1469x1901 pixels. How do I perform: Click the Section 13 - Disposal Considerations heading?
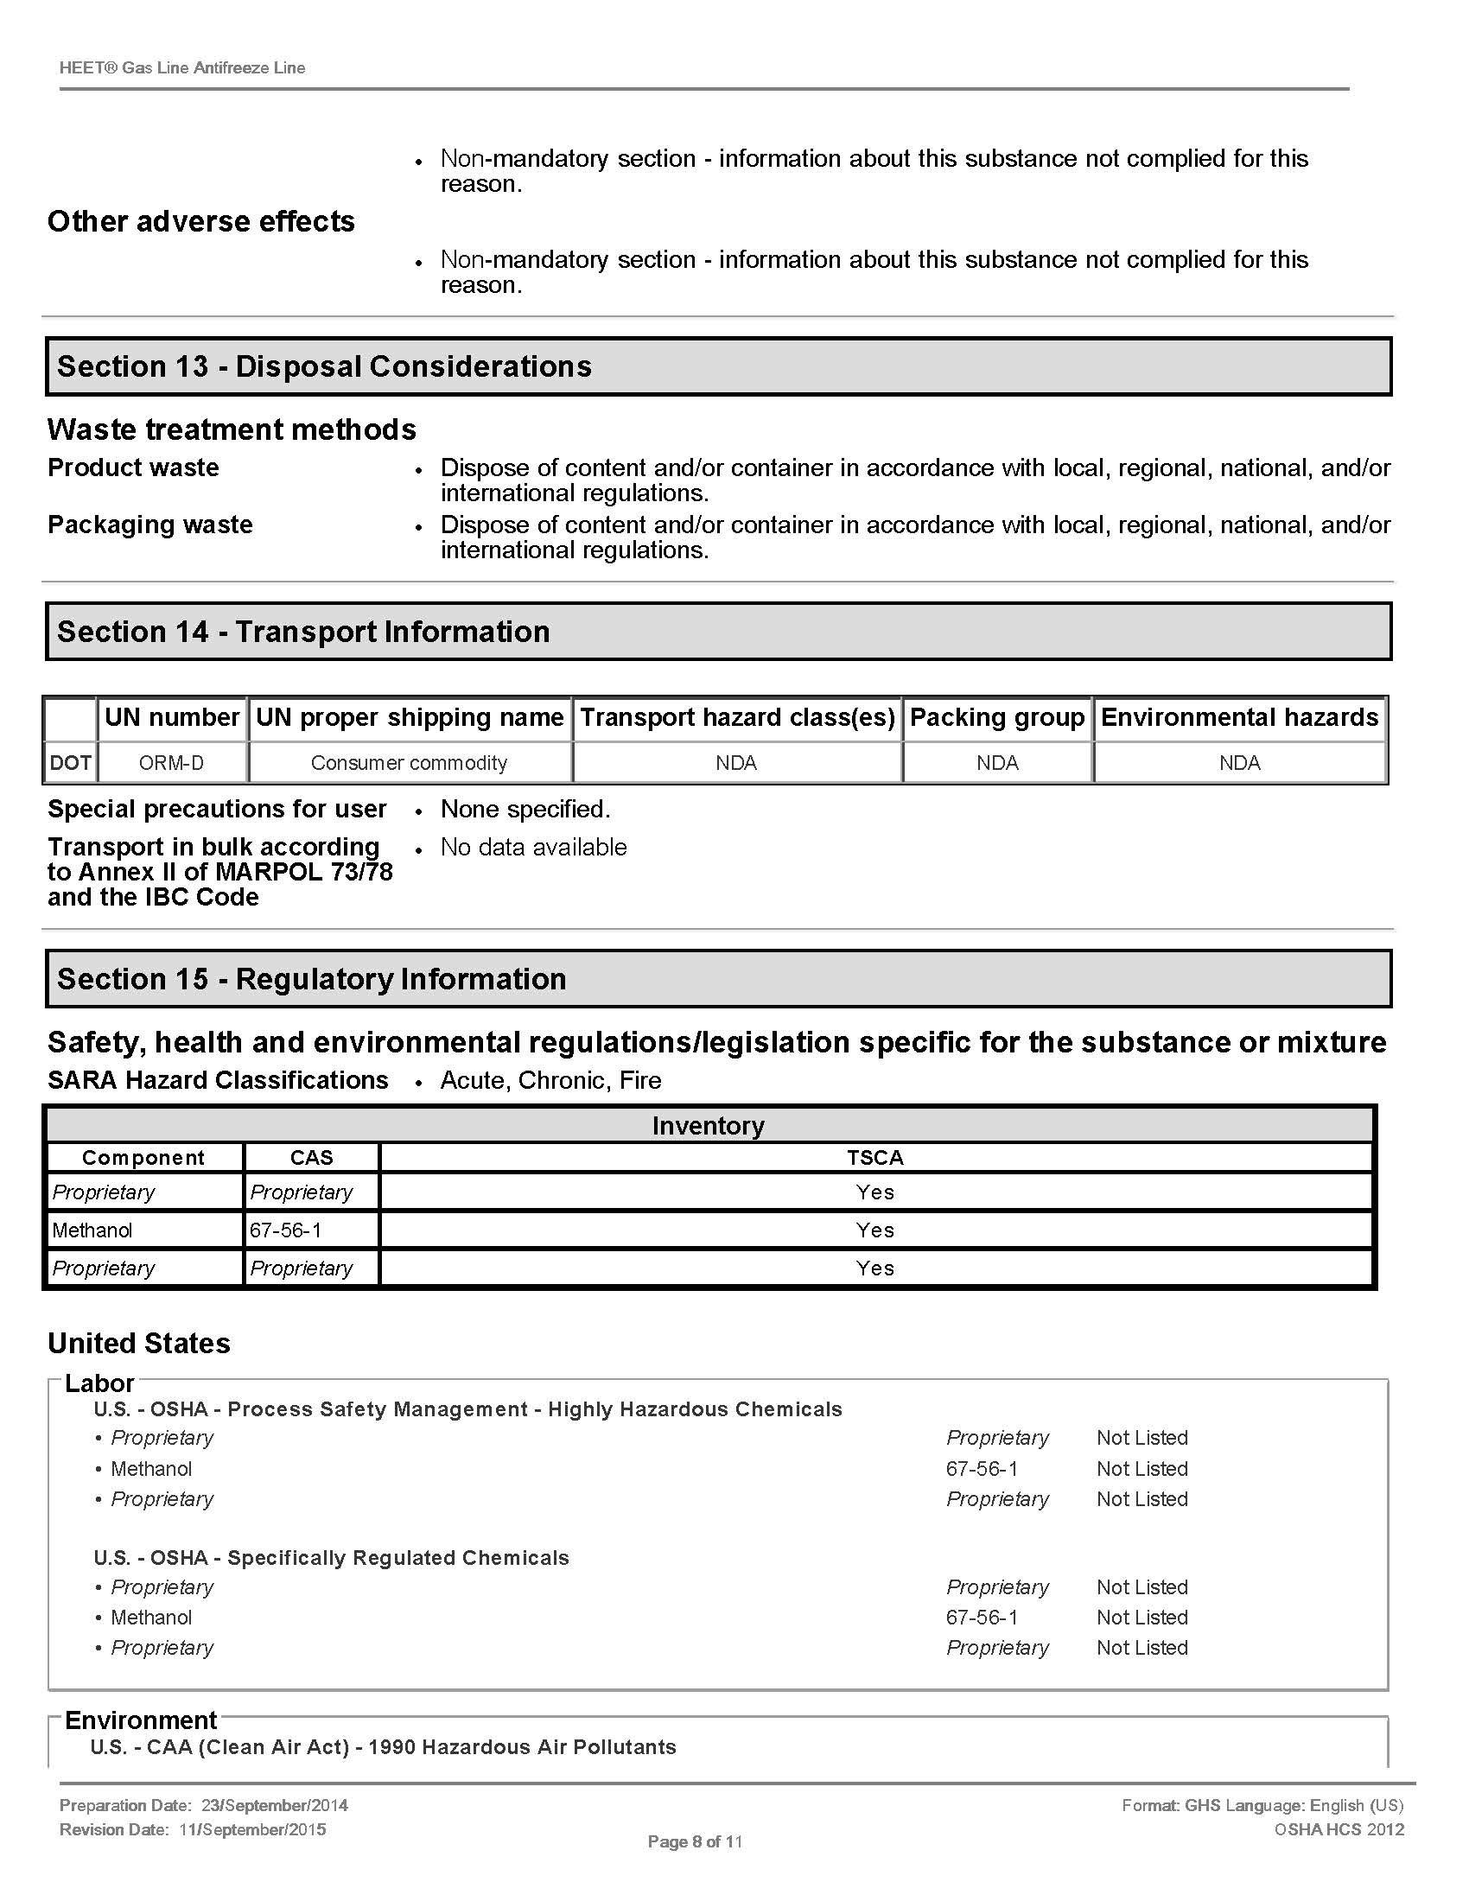tap(324, 366)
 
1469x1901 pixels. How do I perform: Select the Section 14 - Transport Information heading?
tap(302, 632)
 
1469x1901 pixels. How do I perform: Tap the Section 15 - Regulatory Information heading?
tap(312, 979)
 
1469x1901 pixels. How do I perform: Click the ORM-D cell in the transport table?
tap(171, 763)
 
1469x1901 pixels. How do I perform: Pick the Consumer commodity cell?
tap(409, 763)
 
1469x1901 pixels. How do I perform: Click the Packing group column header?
tap(996, 717)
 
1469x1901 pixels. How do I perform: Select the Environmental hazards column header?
tap(1239, 717)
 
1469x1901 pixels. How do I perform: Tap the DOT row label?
tap(71, 763)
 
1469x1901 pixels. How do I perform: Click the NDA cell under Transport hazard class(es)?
tap(736, 763)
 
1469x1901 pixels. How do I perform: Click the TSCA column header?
tap(874, 1158)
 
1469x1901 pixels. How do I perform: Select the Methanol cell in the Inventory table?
tap(92, 1230)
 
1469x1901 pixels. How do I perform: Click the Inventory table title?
tap(709, 1125)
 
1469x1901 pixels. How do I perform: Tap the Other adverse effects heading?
tap(201, 221)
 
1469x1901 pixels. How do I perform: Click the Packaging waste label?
tap(149, 525)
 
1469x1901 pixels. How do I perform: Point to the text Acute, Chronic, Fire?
tap(551, 1080)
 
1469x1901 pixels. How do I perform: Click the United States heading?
tap(139, 1343)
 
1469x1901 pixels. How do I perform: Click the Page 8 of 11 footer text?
tap(695, 1842)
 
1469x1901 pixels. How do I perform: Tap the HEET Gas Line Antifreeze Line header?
tap(181, 68)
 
